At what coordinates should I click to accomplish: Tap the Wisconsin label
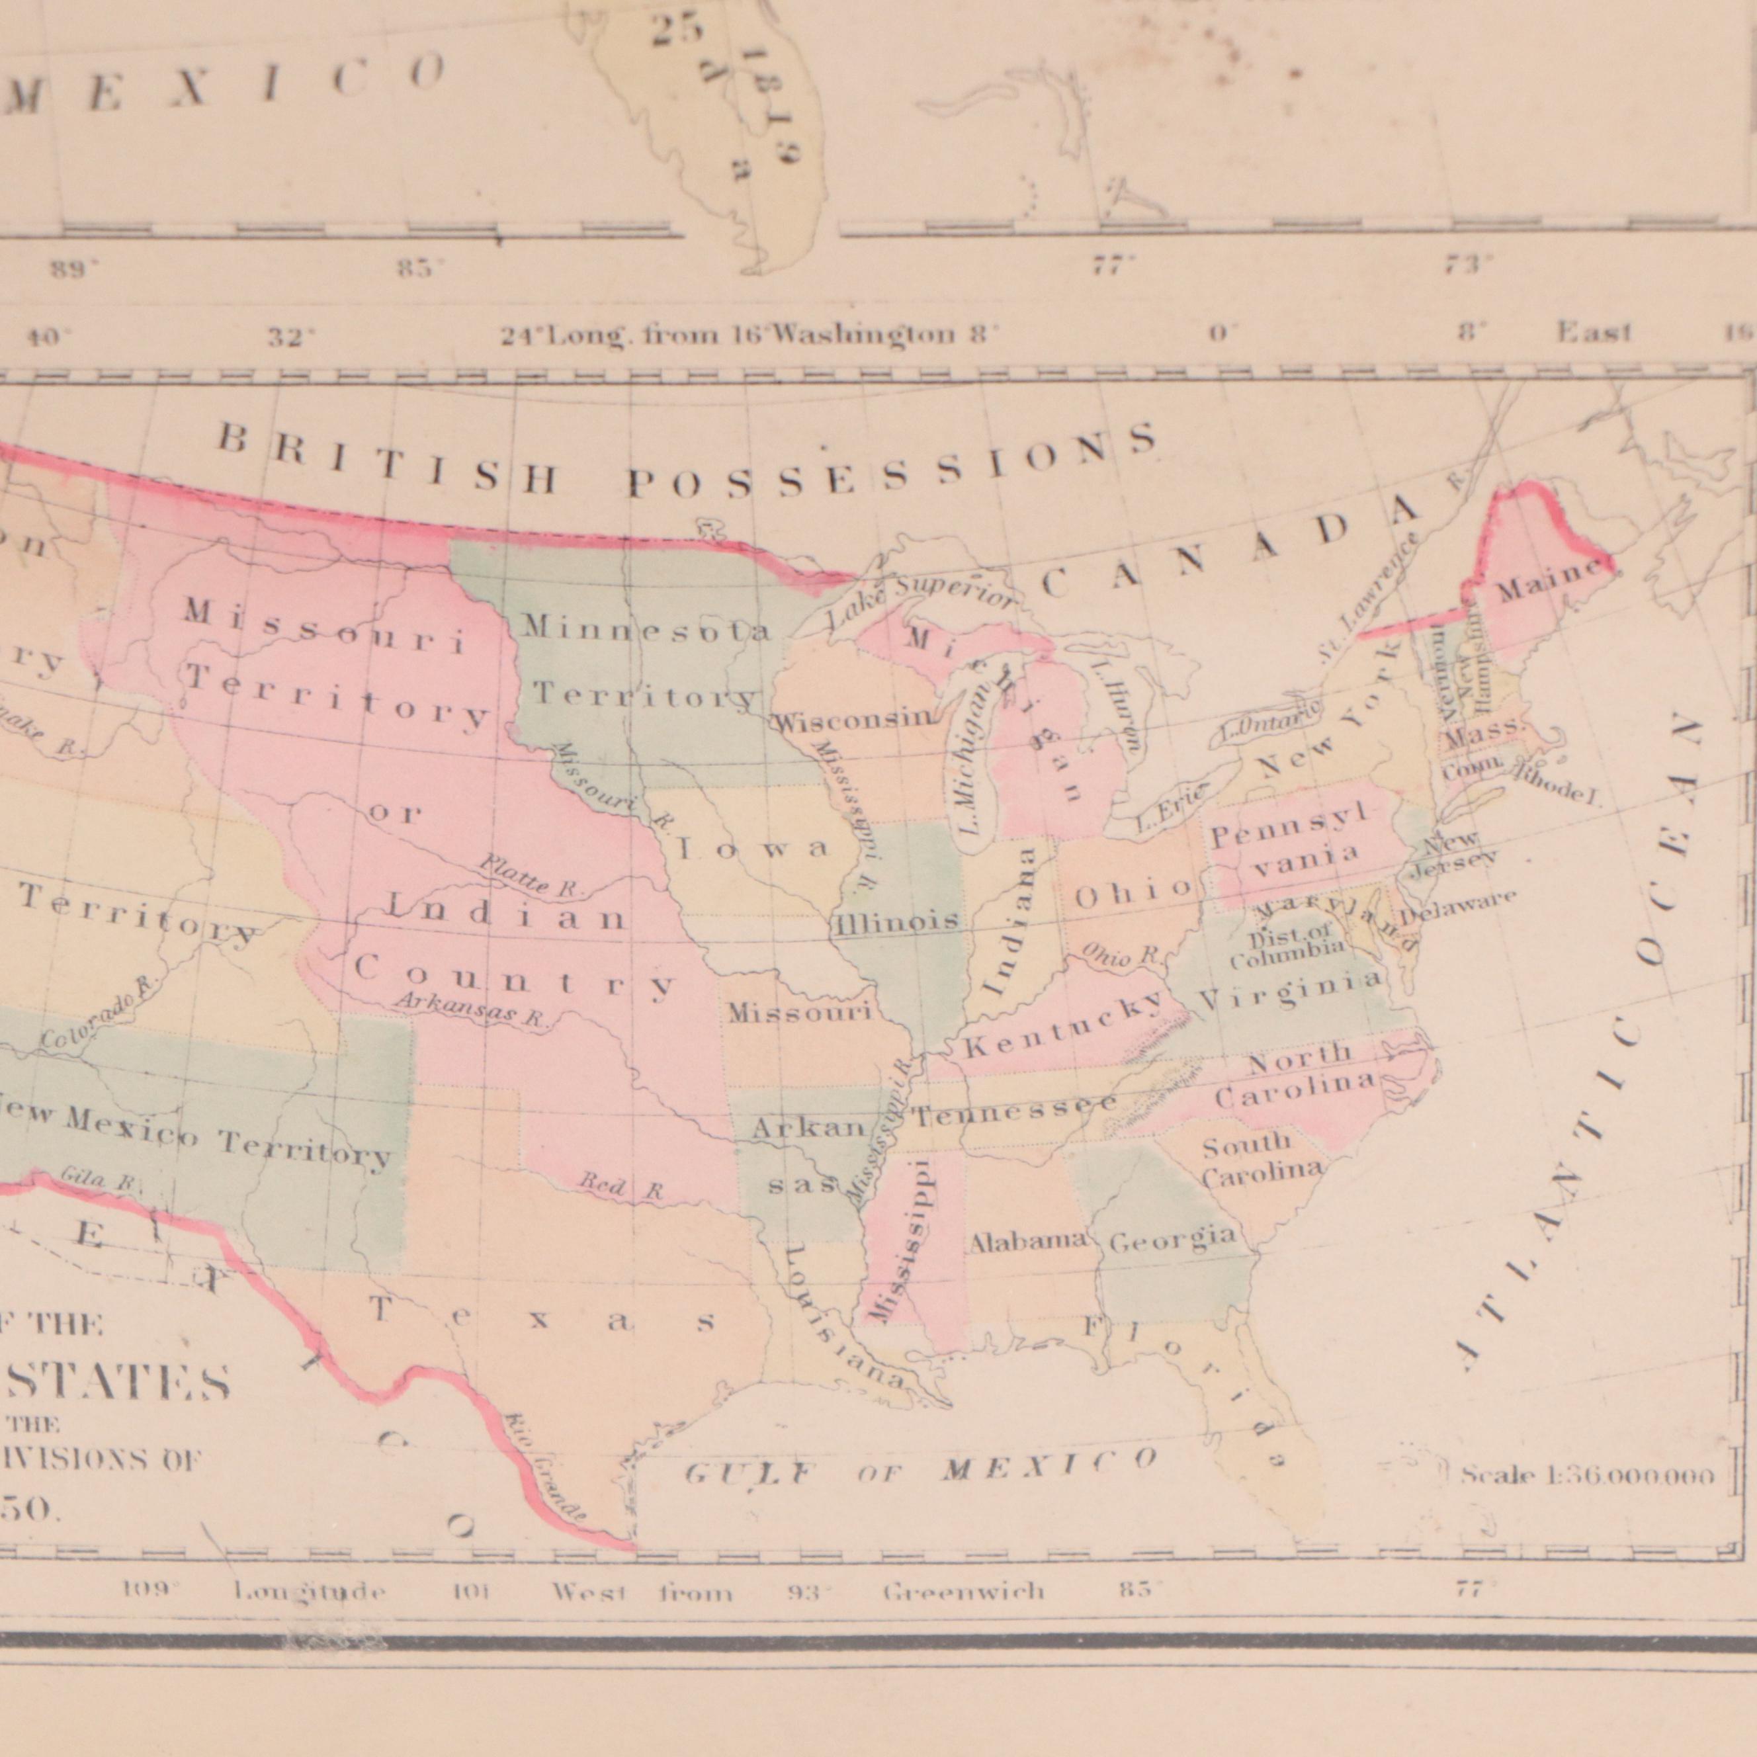coord(853,720)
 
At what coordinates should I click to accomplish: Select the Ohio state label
coord(1133,893)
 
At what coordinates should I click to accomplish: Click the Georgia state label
coord(1173,1238)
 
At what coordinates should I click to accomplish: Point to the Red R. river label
coord(622,1187)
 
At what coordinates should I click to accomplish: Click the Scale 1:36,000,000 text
coord(1588,1475)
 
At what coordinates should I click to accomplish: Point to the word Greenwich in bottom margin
coord(964,1592)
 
